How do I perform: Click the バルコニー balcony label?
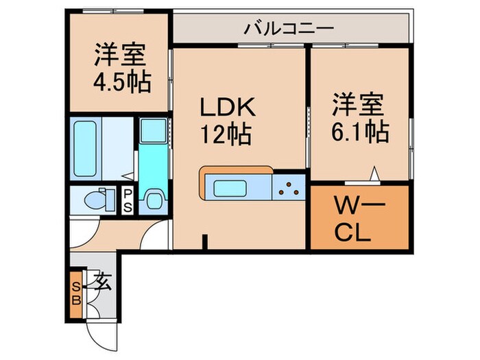(289, 29)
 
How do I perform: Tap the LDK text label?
(227, 108)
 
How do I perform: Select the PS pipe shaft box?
(128, 200)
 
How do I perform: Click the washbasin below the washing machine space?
(153, 198)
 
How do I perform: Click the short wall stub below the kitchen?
(204, 242)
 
